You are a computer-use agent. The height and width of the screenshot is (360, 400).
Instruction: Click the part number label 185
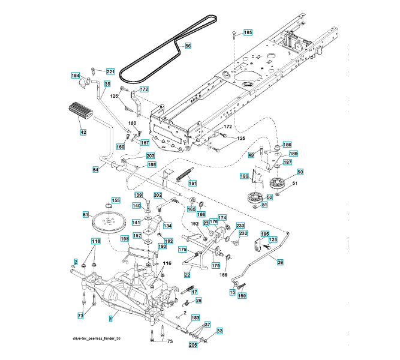[248, 32]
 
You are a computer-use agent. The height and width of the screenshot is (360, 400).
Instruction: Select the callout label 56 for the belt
[187, 46]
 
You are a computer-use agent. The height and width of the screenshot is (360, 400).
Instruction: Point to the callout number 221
[110, 72]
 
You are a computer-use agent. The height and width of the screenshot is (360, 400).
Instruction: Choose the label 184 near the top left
[76, 76]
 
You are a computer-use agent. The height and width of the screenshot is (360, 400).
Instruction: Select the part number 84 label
[96, 169]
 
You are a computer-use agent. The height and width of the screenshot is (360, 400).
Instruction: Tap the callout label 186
[287, 145]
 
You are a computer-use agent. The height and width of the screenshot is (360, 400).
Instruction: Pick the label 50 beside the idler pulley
[300, 172]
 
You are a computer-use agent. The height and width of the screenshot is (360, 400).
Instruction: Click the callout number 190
[245, 176]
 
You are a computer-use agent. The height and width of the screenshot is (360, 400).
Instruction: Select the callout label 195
[264, 233]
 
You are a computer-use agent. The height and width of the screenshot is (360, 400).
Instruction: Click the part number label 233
[240, 226]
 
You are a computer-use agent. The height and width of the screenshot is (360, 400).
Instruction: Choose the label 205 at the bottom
[193, 345]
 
